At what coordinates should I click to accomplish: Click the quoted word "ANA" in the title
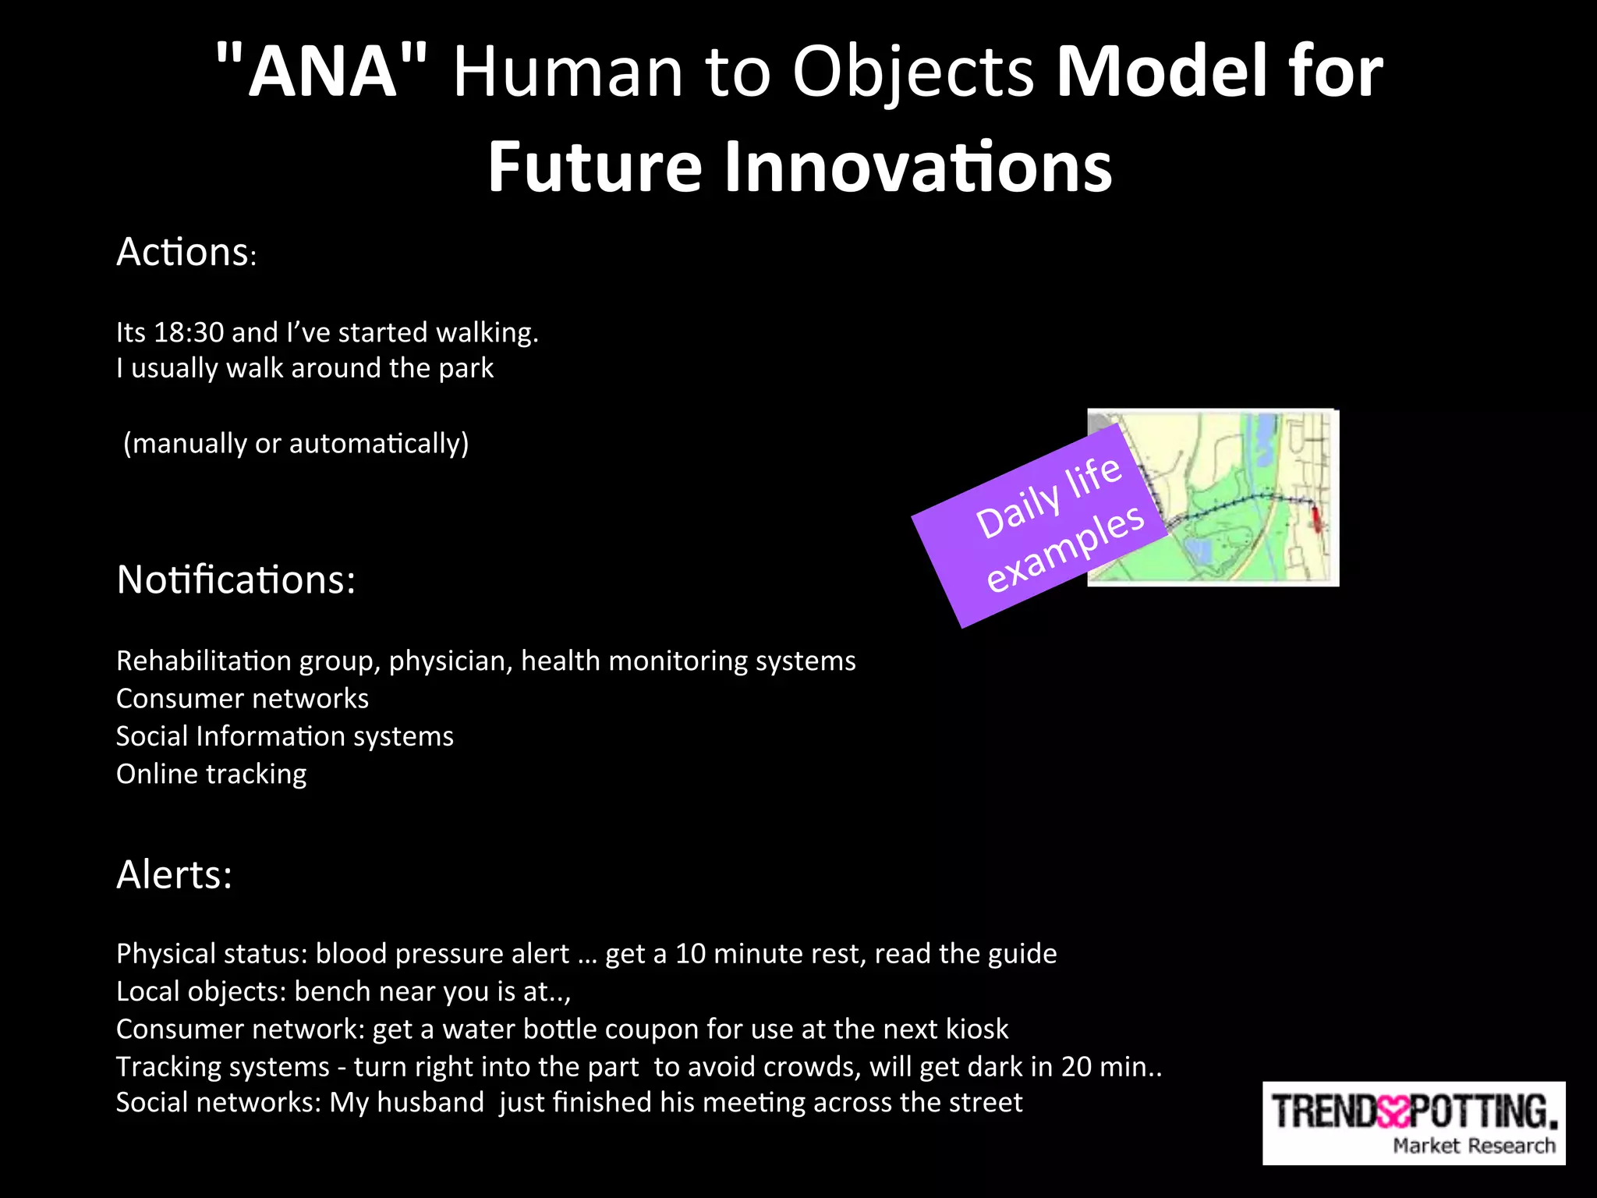point(321,72)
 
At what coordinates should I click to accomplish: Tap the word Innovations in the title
point(917,167)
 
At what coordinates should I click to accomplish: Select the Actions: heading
point(186,252)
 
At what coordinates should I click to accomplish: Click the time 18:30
point(189,332)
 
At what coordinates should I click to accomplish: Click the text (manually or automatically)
point(296,443)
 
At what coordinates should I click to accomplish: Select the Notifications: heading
point(235,580)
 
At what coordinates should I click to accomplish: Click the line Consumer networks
point(242,698)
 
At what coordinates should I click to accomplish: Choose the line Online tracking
point(211,774)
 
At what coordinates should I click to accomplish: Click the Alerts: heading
point(174,874)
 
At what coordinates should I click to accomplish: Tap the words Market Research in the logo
point(1473,1146)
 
